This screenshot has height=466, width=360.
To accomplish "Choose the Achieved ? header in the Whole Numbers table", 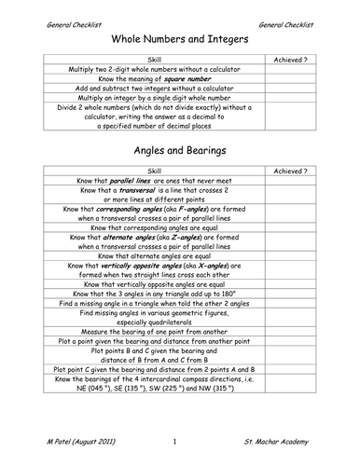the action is pyautogui.click(x=292, y=58).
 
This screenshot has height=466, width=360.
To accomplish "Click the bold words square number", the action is pyautogui.click(x=190, y=78).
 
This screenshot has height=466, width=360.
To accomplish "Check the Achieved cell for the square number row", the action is pyautogui.click(x=292, y=78).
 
